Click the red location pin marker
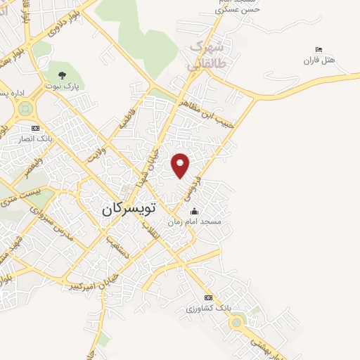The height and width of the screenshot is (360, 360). pos(181,165)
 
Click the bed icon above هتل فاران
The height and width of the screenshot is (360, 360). pos(319,50)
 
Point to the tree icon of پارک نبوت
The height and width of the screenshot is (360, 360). pos(61,75)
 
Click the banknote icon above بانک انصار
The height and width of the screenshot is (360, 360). pos(35,128)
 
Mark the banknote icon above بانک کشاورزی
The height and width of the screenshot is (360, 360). pos(207,298)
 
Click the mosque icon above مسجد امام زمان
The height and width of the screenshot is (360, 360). pos(194,212)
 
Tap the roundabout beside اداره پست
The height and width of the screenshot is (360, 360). pos(26,108)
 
